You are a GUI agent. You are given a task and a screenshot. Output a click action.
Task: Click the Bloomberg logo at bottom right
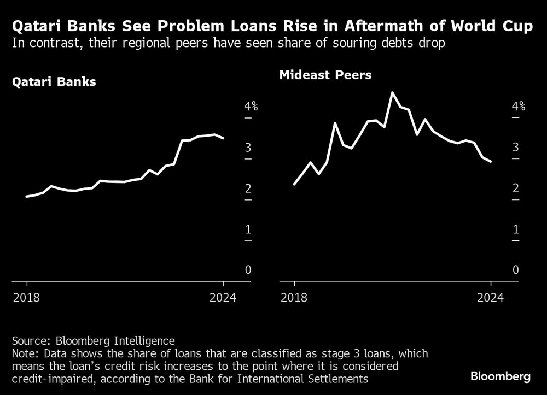(501, 376)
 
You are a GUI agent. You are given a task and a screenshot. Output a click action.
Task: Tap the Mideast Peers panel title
(325, 75)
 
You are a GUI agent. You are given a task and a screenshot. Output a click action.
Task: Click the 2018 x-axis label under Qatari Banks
(26, 298)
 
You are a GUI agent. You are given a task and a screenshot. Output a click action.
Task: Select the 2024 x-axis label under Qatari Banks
(223, 298)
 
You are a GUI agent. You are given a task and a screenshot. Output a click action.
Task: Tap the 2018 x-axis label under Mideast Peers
(294, 298)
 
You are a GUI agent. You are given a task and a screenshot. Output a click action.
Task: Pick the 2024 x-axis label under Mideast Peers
(491, 298)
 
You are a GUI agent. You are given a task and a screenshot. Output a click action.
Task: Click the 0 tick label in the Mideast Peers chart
(516, 270)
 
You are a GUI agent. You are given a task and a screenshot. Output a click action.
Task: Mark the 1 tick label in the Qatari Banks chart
(248, 229)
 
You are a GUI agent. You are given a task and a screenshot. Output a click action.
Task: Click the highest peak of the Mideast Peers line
(392, 93)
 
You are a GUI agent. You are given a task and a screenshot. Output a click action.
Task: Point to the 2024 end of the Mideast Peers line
(491, 161)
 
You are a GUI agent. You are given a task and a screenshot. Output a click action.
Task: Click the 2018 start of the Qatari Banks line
(27, 196)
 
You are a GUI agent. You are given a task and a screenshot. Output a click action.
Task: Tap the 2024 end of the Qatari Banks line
(223, 138)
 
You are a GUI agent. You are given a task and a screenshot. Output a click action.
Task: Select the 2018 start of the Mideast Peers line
(294, 184)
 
